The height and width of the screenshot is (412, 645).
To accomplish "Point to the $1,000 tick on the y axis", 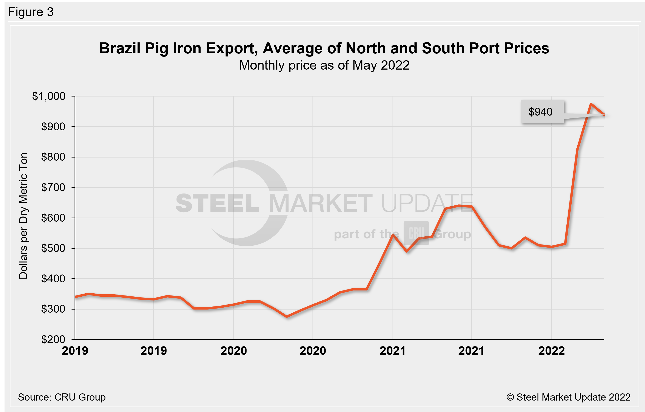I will pyautogui.click(x=49, y=96).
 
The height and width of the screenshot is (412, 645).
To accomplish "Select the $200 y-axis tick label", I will pyautogui.click(x=53, y=339).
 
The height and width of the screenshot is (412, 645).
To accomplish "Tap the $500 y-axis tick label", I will pyautogui.click(x=53, y=248).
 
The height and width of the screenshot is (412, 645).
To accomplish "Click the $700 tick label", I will pyautogui.click(x=53, y=187).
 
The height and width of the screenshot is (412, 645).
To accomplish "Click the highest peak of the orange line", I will pyautogui.click(x=591, y=104).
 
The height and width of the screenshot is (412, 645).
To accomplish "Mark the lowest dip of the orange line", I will pyautogui.click(x=287, y=317).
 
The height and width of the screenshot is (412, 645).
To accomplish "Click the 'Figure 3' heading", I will pyautogui.click(x=31, y=12).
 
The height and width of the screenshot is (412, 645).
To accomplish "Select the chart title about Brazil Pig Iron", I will pyautogui.click(x=324, y=48).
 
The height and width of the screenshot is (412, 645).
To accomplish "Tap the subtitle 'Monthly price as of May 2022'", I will pyautogui.click(x=324, y=65).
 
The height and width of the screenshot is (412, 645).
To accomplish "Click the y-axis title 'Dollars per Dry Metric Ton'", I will pyautogui.click(x=24, y=216).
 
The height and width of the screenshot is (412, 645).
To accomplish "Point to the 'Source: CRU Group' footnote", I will pyautogui.click(x=62, y=397).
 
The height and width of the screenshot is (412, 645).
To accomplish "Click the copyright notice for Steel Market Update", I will pyautogui.click(x=568, y=397).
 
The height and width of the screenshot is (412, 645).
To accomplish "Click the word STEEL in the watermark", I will pyautogui.click(x=217, y=203).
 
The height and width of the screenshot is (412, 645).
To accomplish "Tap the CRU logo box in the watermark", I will pyautogui.click(x=416, y=233).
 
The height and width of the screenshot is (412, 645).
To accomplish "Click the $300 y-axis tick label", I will pyautogui.click(x=53, y=309).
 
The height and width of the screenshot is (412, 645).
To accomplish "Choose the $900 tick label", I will pyautogui.click(x=53, y=127).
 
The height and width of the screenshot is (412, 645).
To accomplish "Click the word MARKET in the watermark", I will pyautogui.click(x=321, y=203).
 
